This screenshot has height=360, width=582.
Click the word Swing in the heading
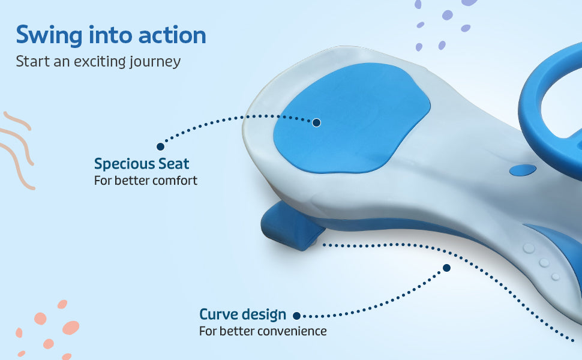[x=49, y=35]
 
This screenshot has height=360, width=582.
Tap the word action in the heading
[x=172, y=35]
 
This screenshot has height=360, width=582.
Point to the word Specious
[x=124, y=164]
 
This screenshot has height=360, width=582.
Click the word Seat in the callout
[x=174, y=164]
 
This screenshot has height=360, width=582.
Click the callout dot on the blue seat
[x=316, y=122]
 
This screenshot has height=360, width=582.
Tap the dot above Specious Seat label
[x=160, y=146]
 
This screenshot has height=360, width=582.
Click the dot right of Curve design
[x=296, y=316]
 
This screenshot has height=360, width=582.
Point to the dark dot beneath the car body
[x=447, y=268]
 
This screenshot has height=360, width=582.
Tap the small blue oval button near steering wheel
[x=523, y=170]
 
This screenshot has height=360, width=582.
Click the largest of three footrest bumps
[x=529, y=248]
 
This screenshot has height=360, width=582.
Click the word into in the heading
[x=110, y=35]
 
